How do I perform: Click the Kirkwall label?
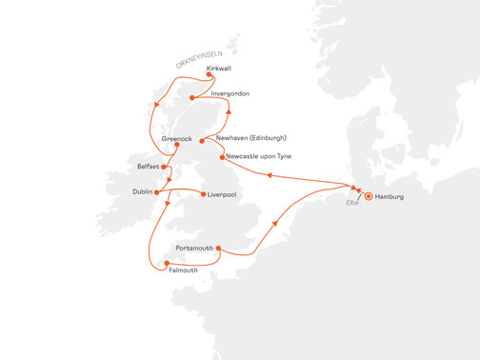click(218, 69)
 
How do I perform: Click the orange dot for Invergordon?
click(193, 97)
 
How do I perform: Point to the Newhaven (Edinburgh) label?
click(252, 137)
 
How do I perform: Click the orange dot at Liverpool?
click(203, 194)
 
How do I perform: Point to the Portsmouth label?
click(195, 248)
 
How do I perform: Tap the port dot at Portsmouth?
click(219, 250)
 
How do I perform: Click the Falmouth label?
click(182, 270)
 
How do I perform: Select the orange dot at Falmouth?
click(167, 262)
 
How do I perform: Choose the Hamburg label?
click(390, 196)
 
